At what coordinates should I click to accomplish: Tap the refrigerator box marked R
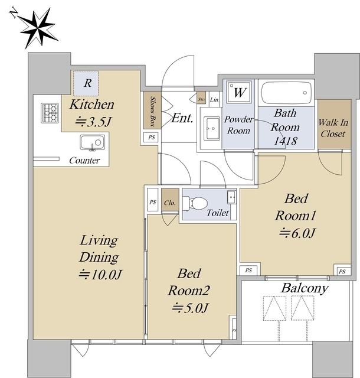coord(86,83)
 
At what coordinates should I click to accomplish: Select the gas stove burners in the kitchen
coord(50,113)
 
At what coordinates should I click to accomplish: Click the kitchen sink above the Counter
coord(93,143)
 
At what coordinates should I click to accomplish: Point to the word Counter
coord(84,160)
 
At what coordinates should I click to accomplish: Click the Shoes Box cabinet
coord(152,110)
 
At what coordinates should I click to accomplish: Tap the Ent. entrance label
coord(182,118)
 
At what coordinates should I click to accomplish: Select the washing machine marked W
coord(240,92)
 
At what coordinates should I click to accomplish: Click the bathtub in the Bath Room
coord(286,93)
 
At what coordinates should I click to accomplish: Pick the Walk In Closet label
coord(333,128)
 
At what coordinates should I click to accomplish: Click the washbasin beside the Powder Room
coord(212,129)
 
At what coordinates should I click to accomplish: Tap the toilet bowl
coord(195,203)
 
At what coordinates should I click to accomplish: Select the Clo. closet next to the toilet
coord(170,200)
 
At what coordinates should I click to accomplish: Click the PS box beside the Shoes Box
coord(151,138)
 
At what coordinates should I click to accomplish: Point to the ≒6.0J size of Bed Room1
coord(297,233)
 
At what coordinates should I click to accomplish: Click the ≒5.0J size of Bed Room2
coord(190,308)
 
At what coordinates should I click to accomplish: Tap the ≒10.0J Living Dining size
coord(100,274)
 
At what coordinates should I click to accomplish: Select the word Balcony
coord(305,289)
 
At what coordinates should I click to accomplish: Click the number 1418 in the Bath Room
coord(286,141)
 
